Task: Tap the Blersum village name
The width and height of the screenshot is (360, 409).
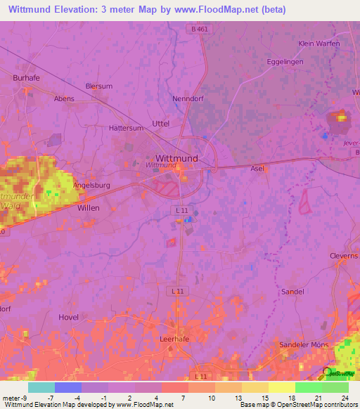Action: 98,86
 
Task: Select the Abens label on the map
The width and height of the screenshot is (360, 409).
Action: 64,99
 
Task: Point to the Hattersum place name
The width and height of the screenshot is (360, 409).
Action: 126,129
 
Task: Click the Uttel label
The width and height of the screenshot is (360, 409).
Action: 161,123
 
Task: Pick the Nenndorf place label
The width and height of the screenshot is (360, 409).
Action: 188,99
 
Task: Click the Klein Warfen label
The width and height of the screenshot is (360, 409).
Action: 319,44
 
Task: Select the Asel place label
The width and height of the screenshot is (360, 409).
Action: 257,169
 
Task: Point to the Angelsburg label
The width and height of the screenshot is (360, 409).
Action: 93,186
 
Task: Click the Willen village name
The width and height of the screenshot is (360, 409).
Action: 89,209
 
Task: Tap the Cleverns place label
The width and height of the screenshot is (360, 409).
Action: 344,257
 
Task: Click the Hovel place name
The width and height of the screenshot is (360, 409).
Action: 68,317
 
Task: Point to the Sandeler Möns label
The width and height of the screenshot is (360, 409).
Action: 304,345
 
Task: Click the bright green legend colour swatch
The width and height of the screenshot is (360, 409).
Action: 308,387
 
